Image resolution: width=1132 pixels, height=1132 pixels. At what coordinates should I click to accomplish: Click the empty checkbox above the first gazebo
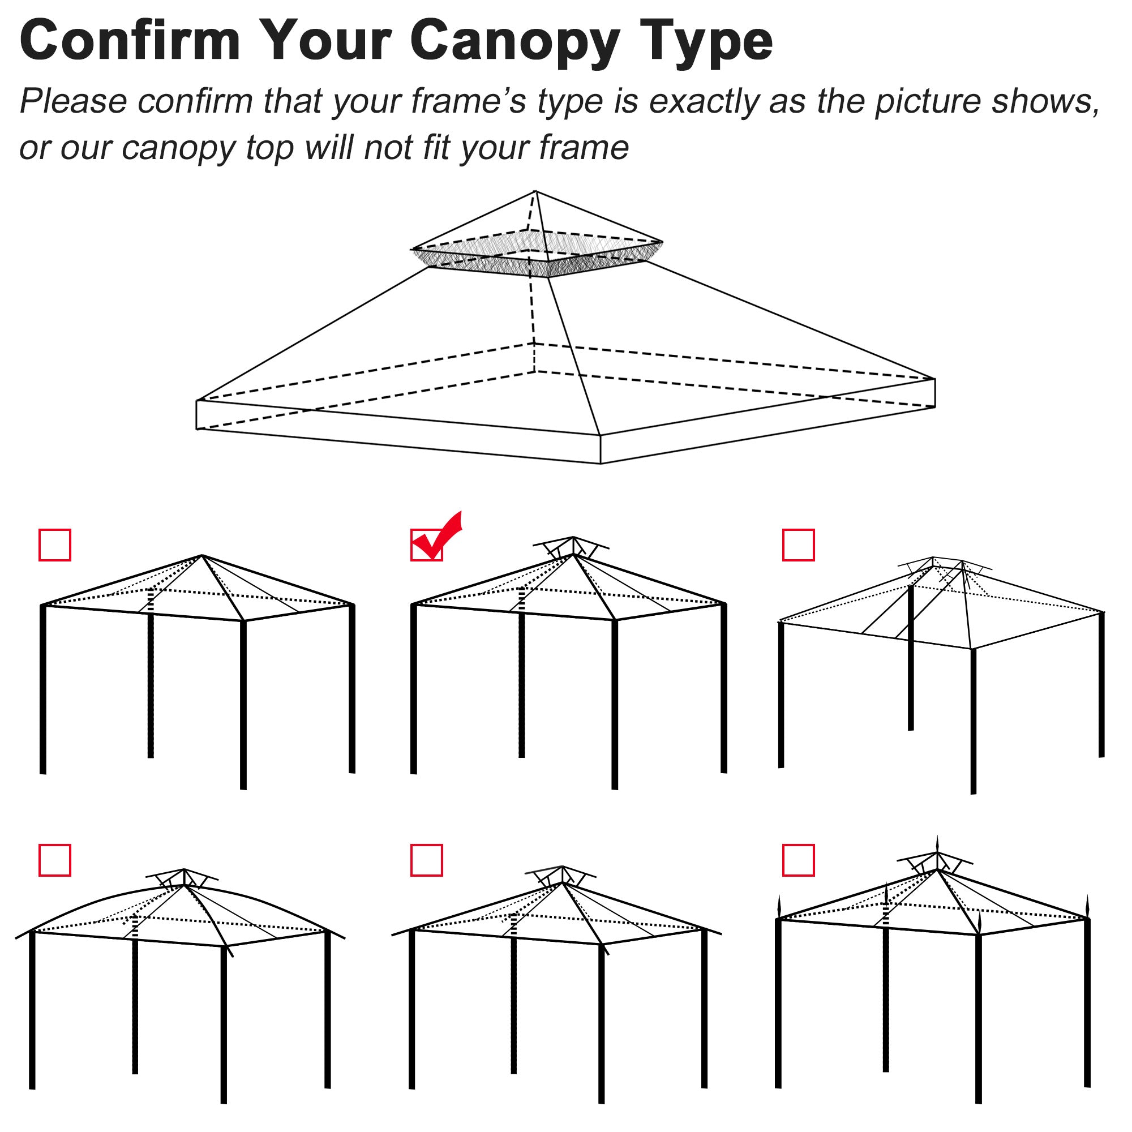coord(54,545)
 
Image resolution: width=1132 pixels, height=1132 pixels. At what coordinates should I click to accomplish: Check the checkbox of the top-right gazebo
coord(798,545)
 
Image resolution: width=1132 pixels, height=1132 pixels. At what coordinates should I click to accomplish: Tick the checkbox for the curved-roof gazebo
coord(54,860)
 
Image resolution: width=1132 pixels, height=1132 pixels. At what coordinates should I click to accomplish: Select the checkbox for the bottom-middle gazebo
coord(427,860)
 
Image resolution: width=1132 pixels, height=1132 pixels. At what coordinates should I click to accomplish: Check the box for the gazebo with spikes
coord(798,860)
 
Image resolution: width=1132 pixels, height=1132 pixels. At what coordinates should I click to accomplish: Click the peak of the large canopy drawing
coord(535,192)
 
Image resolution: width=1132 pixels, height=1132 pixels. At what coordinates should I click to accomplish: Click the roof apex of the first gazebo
coord(201,555)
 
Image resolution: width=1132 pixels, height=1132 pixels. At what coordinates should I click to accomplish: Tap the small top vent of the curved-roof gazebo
coord(183,878)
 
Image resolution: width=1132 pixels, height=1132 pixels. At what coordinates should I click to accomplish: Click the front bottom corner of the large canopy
coord(601,462)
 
